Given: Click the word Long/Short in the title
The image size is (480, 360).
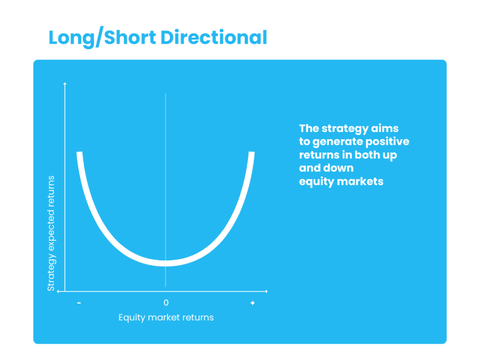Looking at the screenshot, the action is [102, 38].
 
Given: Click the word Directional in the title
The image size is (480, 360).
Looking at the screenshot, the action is [214, 37].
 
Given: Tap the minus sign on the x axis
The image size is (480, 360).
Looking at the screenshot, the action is [79, 303].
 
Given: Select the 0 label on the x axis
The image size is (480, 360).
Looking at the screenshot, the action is [166, 303].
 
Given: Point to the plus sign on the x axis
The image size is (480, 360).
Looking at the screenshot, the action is [253, 303].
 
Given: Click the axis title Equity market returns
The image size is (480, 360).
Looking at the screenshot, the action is [166, 317].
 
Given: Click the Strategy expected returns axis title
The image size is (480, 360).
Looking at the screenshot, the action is [51, 233].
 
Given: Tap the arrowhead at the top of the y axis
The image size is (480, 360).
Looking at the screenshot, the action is [65, 83].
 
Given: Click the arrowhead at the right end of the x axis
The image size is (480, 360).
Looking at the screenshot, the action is [266, 291].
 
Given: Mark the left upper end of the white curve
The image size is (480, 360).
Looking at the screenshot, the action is [79, 152].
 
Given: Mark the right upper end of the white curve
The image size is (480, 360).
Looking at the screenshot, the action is [251, 152].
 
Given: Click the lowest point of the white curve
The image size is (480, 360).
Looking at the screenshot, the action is [166, 263].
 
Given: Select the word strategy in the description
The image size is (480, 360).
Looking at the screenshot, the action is [344, 129].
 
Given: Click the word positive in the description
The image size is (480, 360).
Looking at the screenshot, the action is [387, 142].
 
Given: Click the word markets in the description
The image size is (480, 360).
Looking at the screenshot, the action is [360, 182].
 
